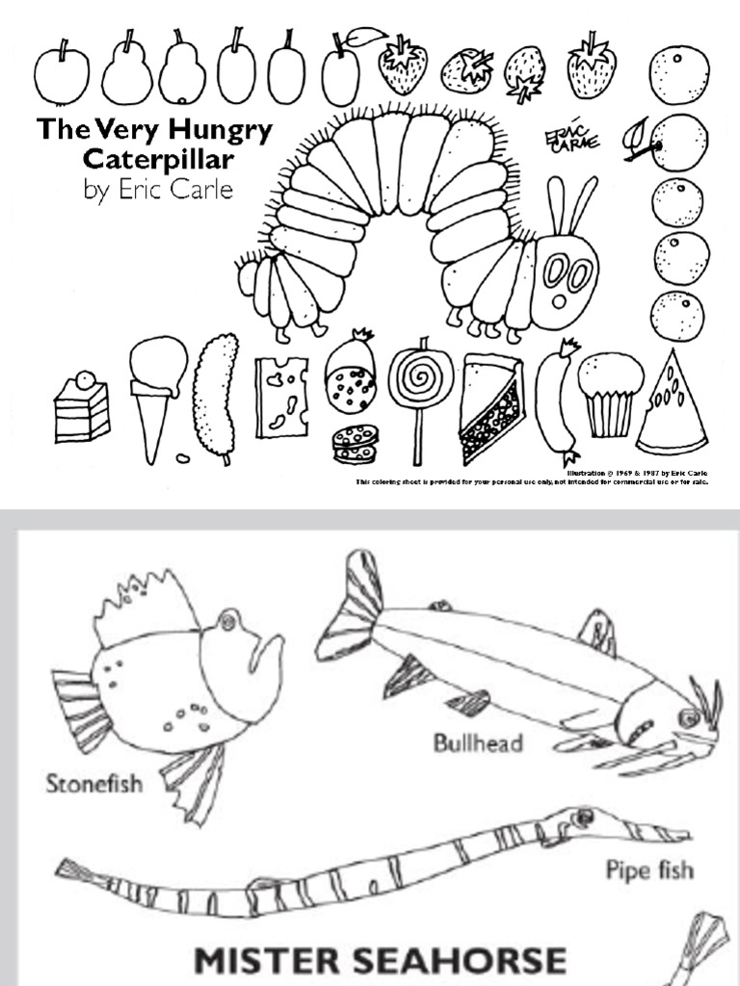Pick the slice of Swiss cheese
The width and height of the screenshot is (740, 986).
coord(281,397)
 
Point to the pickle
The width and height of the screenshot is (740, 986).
coord(215,395)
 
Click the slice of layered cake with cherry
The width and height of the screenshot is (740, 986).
coord(82,408)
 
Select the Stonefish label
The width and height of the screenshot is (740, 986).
coord(93,783)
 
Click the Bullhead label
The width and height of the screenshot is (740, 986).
coord(477,742)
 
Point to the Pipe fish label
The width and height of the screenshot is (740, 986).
coord(648,870)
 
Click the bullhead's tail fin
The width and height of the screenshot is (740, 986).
coord(353,606)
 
